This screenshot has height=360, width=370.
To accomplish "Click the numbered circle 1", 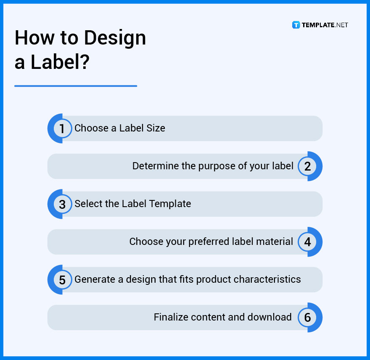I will click(62, 129).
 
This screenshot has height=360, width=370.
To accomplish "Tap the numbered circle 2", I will click(308, 166).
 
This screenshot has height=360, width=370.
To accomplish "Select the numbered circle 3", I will click(62, 204).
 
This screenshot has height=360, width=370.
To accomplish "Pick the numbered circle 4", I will click(308, 242).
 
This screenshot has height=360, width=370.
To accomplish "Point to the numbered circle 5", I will click(62, 280).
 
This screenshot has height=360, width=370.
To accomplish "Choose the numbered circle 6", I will click(308, 318).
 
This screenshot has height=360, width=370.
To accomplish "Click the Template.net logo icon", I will click(296, 25).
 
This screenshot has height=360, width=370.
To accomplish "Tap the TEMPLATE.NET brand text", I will click(325, 25).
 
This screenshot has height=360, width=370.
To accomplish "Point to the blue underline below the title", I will click(76, 86).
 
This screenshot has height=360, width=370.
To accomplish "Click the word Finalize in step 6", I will click(171, 317).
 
